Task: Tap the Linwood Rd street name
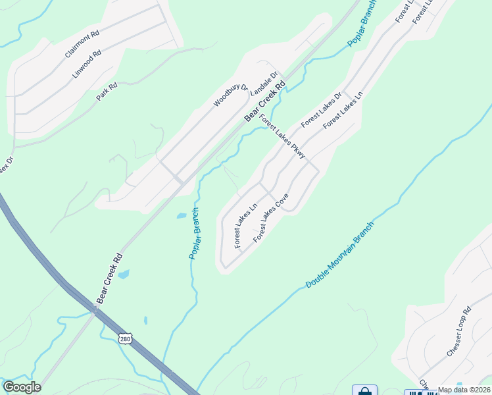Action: (87, 64)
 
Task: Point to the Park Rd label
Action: (106, 91)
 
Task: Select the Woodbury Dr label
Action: (230, 95)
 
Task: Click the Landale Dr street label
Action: (266, 83)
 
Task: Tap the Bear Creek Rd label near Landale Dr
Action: (266, 101)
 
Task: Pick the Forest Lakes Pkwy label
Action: (282, 137)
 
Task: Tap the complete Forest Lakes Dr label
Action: (322, 110)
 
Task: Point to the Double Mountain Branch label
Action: (339, 255)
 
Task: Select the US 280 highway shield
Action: (125, 338)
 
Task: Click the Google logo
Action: (21, 387)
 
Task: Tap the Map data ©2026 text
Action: (464, 390)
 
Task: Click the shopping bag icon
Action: (364, 390)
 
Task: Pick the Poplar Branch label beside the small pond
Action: (195, 233)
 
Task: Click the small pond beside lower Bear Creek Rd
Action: (123, 274)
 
